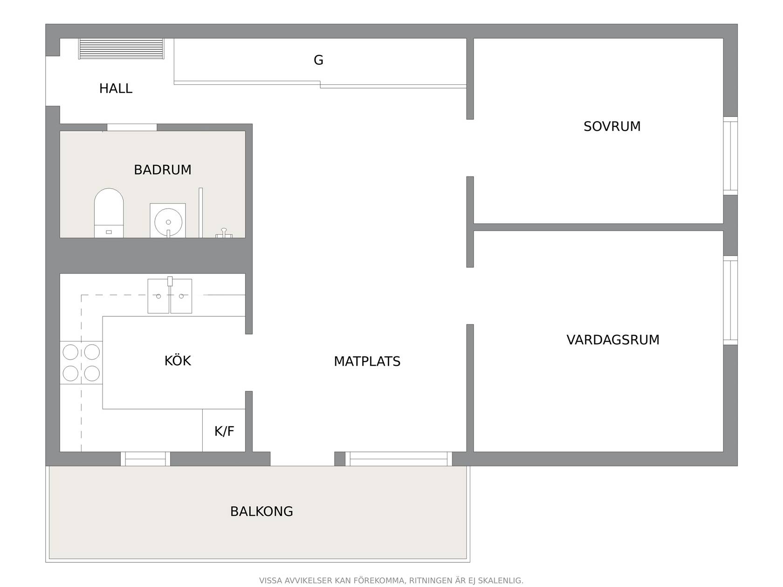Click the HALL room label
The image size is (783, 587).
point(116,89)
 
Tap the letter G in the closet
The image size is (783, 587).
point(318,60)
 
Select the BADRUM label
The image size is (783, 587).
point(162,170)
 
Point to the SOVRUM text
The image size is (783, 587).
point(612,126)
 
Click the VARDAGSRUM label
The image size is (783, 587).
point(613,340)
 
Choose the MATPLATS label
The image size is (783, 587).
point(367,362)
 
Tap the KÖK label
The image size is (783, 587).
point(178,360)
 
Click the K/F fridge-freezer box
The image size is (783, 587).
point(224,430)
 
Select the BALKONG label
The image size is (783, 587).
point(261,512)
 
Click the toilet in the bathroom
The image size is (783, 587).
point(109,213)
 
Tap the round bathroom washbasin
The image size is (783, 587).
point(168,221)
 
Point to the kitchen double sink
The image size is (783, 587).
point(170,295)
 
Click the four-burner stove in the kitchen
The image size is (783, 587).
point(82,363)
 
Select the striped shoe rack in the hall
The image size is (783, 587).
point(121,48)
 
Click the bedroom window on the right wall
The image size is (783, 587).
point(730,156)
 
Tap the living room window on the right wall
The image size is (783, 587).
point(730,300)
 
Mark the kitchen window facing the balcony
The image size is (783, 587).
point(145,459)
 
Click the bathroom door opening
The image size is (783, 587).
point(132,127)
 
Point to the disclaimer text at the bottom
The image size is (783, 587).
point(391,580)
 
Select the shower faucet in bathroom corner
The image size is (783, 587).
point(224,233)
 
